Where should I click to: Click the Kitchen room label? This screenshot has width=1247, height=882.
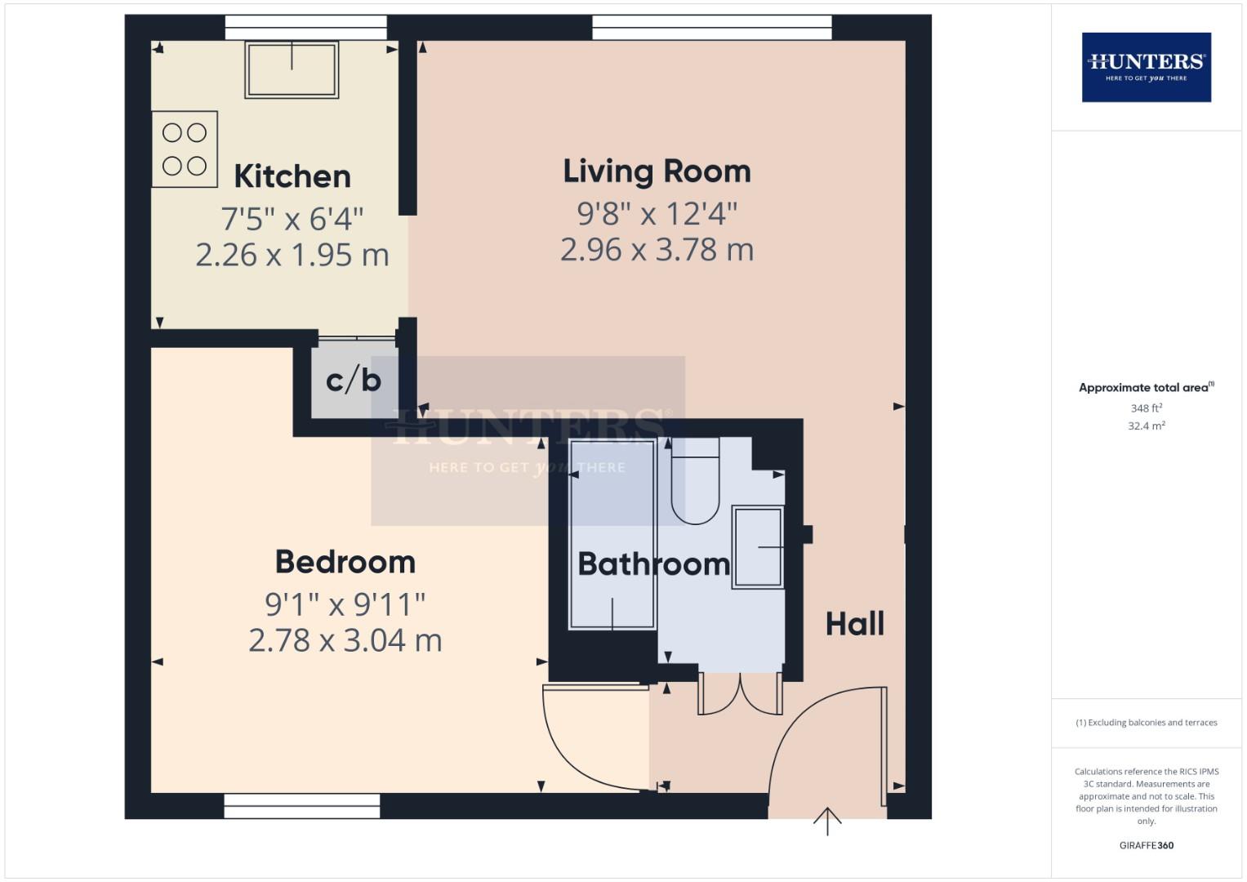pyautogui.click(x=292, y=176)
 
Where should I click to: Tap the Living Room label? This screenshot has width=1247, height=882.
pyautogui.click(x=657, y=171)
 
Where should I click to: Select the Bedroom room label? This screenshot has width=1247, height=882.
pyautogui.click(x=345, y=562)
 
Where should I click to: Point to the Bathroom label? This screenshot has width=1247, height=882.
pyautogui.click(x=653, y=564)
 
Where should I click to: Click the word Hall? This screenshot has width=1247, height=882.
pyautogui.click(x=854, y=624)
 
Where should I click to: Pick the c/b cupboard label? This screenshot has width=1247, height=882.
pyautogui.click(x=354, y=380)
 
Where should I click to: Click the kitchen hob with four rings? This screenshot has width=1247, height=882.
pyautogui.click(x=185, y=149)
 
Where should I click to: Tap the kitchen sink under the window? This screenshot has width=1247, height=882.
pyautogui.click(x=292, y=69)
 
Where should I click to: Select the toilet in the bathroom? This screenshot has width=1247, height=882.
pyautogui.click(x=694, y=482)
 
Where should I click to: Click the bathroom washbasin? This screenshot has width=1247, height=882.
pyautogui.click(x=758, y=546)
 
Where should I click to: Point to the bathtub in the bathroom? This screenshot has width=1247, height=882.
pyautogui.click(x=612, y=535)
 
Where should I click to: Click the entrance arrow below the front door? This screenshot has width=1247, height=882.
pyautogui.click(x=827, y=821)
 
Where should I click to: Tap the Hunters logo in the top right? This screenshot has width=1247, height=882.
pyautogui.click(x=1146, y=67)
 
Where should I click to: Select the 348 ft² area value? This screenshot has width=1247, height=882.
pyautogui.click(x=1146, y=408)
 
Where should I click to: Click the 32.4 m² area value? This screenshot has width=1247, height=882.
pyautogui.click(x=1146, y=425)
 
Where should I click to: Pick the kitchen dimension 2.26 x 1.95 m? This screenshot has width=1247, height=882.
pyautogui.click(x=292, y=255)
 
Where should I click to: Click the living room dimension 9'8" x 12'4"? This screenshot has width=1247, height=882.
pyautogui.click(x=657, y=214)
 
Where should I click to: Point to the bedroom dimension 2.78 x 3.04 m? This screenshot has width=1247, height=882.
pyautogui.click(x=345, y=640)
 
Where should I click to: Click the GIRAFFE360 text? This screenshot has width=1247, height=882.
pyautogui.click(x=1146, y=845)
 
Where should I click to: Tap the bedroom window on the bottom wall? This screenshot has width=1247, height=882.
pyautogui.click(x=302, y=806)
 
